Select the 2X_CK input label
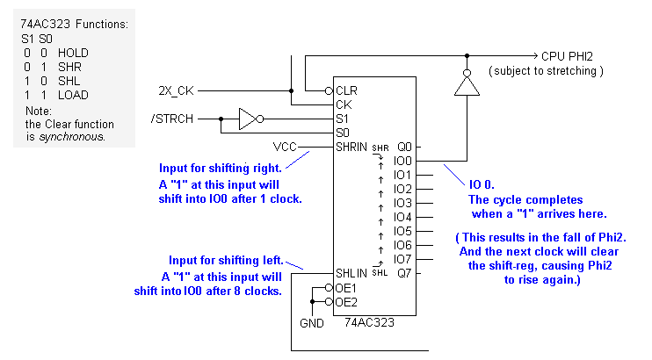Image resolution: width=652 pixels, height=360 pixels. [177, 90]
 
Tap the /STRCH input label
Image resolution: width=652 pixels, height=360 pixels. [172, 118]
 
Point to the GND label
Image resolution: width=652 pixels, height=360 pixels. [311, 322]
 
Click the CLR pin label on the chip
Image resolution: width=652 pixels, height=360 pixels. [347, 90]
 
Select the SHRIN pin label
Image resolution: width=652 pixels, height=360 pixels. [351, 146]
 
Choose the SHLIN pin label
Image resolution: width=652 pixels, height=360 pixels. [351, 273]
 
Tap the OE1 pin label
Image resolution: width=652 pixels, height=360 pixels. [346, 287]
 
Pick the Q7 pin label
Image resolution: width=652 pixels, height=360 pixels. [403, 273]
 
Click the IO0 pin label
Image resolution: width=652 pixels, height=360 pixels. [402, 161]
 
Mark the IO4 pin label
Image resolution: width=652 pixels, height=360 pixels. [402, 217]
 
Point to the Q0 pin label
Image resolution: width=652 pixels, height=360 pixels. [403, 147]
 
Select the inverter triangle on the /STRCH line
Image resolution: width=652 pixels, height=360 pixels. [245, 118]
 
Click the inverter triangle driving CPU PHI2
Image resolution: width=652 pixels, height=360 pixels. [467, 86]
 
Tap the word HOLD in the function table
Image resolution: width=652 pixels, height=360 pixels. [74, 53]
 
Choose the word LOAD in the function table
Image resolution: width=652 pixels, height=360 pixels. [74, 95]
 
